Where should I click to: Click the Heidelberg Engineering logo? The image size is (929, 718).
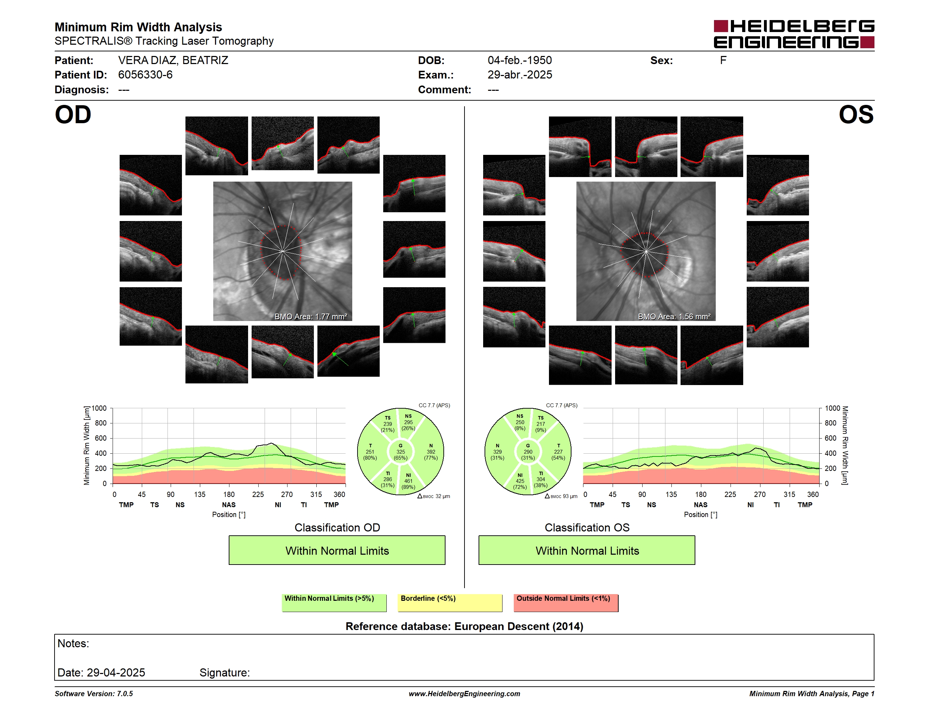794,34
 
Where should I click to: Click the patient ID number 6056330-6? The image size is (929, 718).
145,75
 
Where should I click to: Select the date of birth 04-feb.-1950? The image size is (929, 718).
519,61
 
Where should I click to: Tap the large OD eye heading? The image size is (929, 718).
73,115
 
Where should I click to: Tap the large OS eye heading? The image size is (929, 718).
856,115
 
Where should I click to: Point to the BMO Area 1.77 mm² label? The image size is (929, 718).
310,316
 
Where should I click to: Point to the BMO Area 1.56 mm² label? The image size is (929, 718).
674,316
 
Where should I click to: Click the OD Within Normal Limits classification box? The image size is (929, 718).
337,550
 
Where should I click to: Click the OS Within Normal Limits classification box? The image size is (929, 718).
587,550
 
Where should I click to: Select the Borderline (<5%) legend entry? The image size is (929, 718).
450,603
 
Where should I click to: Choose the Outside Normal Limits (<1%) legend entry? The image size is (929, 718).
566,603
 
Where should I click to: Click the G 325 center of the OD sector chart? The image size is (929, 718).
400,452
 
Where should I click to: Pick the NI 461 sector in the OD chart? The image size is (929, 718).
408,481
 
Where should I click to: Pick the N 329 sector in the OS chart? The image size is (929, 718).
497,452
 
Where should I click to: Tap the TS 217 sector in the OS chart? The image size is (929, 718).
541,424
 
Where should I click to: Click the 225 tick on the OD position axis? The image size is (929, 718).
258,494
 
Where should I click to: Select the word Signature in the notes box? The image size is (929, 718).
224,673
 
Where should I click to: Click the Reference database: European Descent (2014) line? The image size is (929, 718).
464,626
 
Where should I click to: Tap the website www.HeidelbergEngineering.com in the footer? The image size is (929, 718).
464,694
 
